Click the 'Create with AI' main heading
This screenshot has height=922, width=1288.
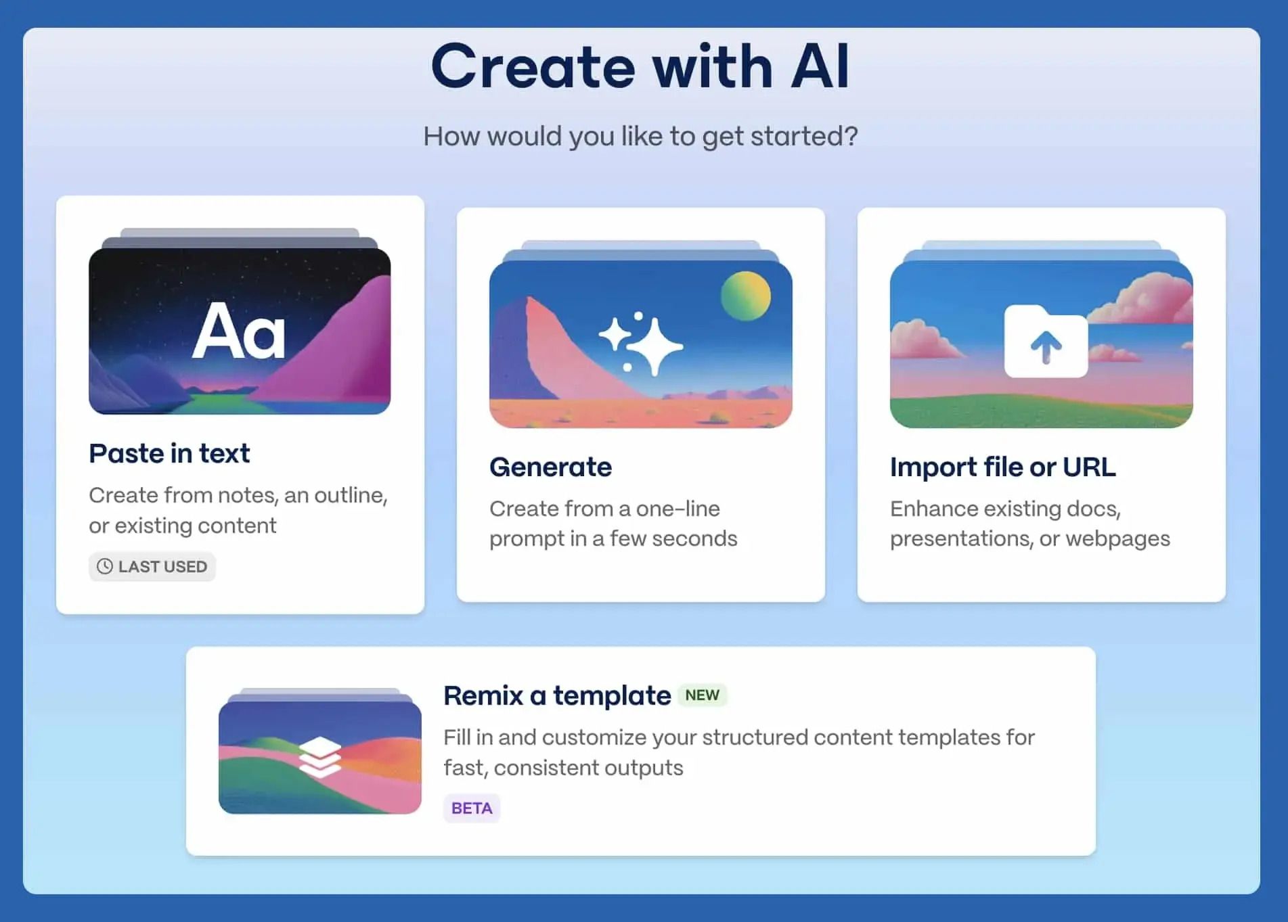640,66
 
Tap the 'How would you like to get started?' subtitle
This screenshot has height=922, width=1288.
640,136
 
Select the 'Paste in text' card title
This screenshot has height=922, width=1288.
169,453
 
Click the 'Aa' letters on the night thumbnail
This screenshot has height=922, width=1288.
239,331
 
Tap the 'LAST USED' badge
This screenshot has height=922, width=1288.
152,566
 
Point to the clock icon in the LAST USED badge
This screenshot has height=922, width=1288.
104,566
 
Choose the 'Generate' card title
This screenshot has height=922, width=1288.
550,467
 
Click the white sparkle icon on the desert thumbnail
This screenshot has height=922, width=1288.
641,344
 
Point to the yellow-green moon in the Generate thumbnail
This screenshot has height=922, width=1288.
746,296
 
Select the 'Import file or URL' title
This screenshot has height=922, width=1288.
1002,467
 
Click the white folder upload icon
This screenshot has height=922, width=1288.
1046,341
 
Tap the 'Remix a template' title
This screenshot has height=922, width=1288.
557,695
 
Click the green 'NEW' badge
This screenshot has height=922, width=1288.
702,695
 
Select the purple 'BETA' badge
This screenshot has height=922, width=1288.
472,808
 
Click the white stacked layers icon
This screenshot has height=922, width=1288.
320,758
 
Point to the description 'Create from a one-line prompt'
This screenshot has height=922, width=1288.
613,524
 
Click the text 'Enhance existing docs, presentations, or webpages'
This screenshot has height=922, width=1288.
1029,524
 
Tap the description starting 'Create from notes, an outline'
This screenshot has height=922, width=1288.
238,510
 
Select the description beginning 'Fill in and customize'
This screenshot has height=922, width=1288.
739,752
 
